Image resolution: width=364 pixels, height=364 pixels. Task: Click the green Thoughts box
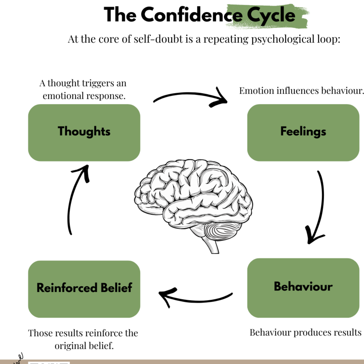tap(84, 133)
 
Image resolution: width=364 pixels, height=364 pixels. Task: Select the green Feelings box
tap(303, 133)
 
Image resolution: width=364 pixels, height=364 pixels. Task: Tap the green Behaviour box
tap(303, 288)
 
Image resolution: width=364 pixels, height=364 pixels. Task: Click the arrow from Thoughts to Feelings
tap(191, 96)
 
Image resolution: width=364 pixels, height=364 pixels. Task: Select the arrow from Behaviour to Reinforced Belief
tap(196, 297)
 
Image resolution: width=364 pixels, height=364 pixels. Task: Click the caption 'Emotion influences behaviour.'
tap(301, 91)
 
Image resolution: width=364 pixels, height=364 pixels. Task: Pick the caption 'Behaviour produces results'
tap(305, 332)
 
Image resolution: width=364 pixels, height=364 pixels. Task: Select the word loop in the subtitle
tap(328, 39)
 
